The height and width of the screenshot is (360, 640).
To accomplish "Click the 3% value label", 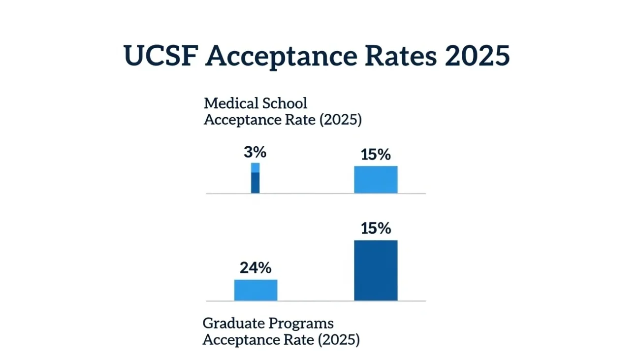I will (255, 153).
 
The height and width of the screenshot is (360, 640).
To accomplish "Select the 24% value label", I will (256, 268).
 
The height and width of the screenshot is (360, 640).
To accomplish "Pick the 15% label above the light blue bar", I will (376, 155).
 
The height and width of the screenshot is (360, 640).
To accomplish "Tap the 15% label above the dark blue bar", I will (376, 229).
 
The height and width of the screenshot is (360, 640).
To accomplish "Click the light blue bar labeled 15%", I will (376, 180).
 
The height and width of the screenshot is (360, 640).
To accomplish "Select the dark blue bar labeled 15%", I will (376, 270).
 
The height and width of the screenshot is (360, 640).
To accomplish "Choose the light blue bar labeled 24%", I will (256, 290).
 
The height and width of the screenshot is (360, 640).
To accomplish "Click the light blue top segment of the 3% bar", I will (255, 167).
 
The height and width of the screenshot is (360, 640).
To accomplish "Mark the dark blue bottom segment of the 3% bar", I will (255, 183).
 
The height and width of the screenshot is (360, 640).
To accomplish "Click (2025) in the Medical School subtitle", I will (340, 120).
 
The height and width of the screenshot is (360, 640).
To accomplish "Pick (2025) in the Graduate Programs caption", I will (339, 340).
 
